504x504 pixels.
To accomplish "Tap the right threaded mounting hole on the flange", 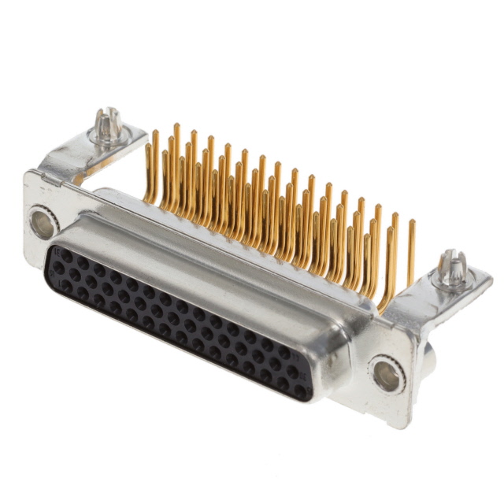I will click(x=387, y=375).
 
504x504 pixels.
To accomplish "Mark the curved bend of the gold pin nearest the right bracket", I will click(x=385, y=303).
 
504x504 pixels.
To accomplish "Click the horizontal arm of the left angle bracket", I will click(x=87, y=161).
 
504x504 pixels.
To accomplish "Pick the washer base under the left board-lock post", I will click(x=108, y=139).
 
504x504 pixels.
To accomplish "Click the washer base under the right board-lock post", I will click(x=453, y=282).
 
